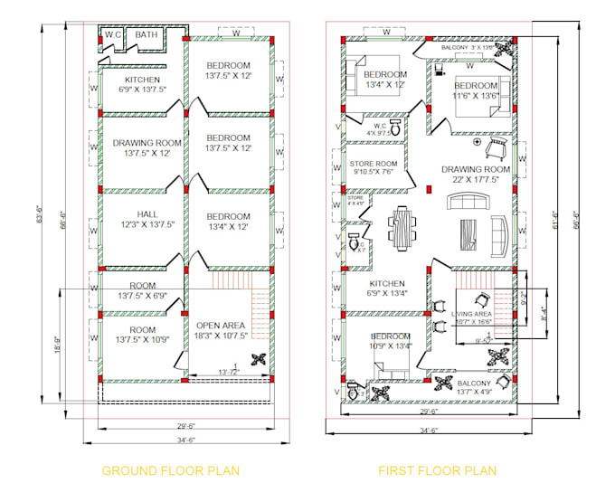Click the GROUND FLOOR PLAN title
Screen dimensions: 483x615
170,470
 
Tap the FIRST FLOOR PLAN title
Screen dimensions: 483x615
437,470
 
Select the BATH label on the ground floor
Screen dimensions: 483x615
146,35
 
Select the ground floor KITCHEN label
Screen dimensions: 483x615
142,84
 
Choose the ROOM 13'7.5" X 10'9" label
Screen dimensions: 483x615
142,335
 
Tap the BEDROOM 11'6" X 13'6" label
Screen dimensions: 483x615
477,90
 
